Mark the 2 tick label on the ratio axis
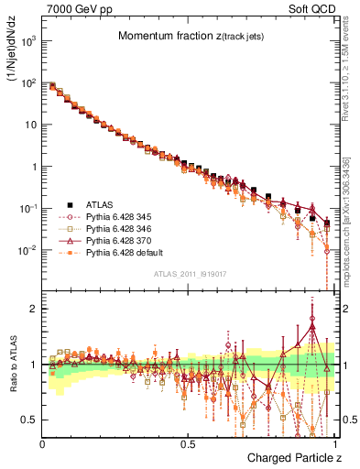point(34,309)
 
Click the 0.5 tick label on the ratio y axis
point(30,420)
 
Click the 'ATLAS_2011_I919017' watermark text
point(188,272)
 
